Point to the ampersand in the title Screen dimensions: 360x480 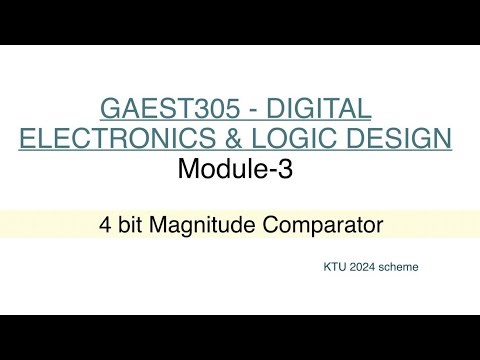[200, 140]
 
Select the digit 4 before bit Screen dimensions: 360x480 [105, 225]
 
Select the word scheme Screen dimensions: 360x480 [403, 269]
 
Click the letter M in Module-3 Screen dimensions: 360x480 [189, 169]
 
